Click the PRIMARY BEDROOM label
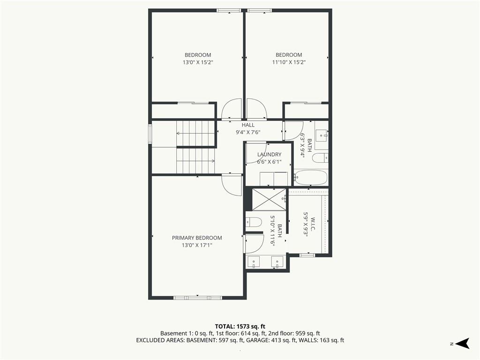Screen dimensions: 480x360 [197, 238]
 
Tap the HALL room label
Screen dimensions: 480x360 [248, 125]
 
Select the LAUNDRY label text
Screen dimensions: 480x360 [269, 155]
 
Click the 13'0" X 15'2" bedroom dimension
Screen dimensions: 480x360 [198, 62]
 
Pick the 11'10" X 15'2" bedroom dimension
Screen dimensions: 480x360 [289, 62]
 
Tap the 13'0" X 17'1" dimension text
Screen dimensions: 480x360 [197, 245]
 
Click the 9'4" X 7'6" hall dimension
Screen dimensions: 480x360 [248, 132]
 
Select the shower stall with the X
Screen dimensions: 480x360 [269, 200]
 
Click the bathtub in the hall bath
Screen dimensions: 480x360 [311, 178]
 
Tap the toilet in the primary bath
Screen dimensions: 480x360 [253, 222]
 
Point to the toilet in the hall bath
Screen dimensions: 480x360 [320, 158]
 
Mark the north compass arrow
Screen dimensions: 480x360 [462, 343]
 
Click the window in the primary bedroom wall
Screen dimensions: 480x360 [197, 298]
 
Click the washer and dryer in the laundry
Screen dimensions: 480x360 [274, 179]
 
